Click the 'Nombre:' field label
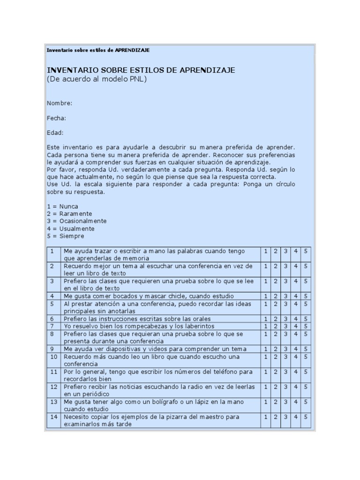click(x=60, y=103)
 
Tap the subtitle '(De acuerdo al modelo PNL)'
click(x=97, y=79)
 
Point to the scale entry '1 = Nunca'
click(x=63, y=206)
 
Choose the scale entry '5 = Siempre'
click(x=66, y=236)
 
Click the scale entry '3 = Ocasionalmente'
click(x=77, y=221)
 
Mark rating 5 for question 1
click(x=306, y=251)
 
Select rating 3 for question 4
click(x=285, y=296)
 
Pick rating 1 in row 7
click(x=266, y=326)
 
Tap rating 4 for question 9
click(x=296, y=349)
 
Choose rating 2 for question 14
click(x=276, y=417)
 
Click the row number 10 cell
click(x=53, y=357)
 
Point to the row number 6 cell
click(x=53, y=319)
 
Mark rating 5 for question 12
click(x=306, y=387)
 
